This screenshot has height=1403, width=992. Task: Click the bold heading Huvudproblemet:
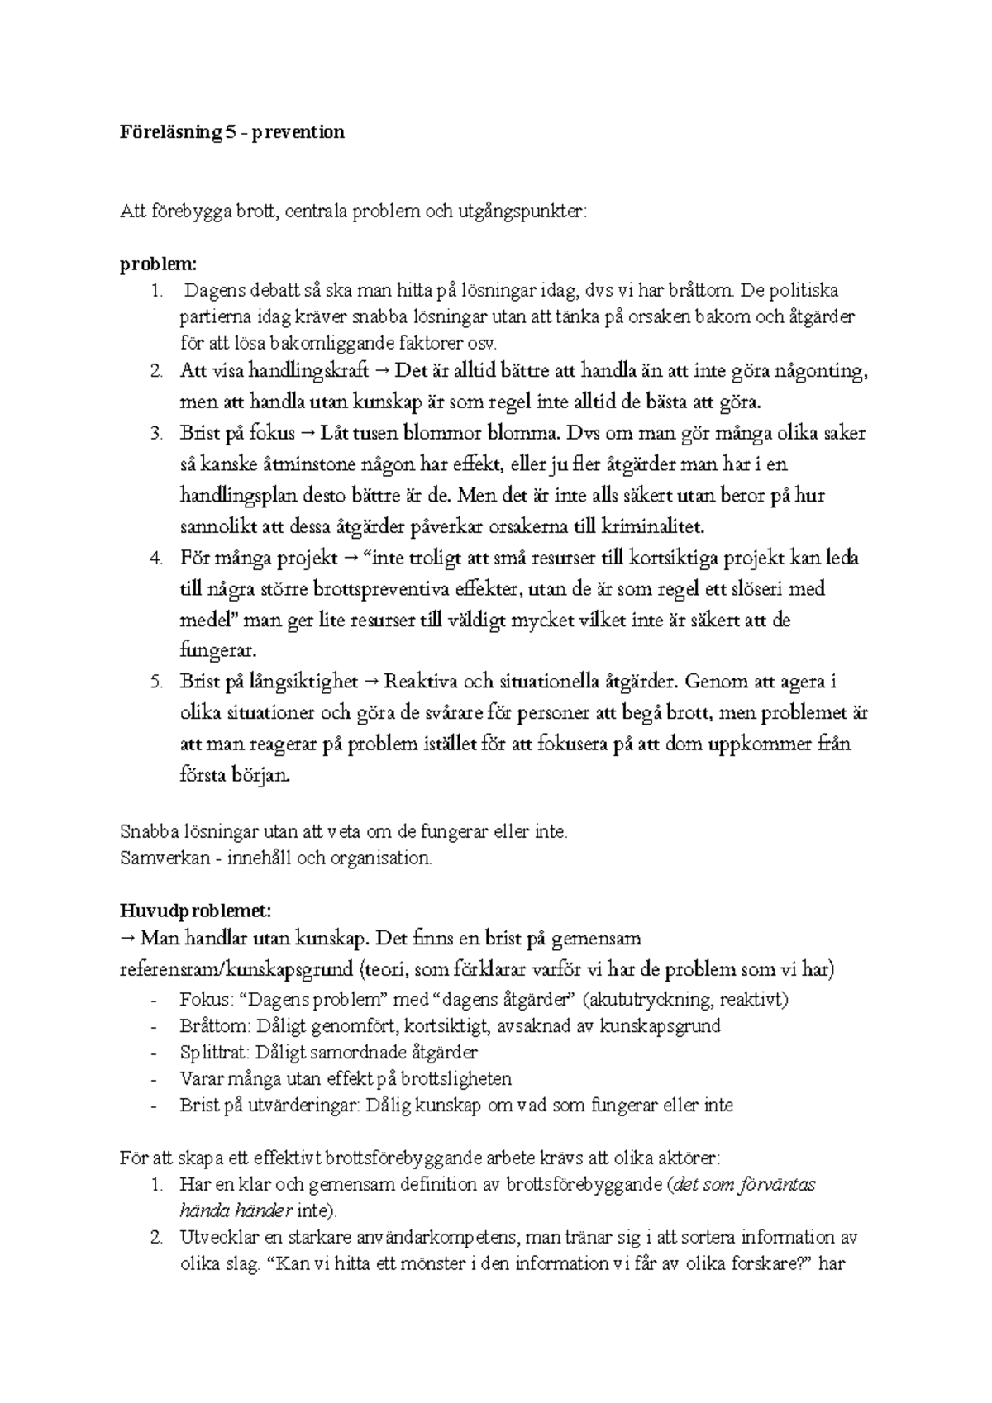195,911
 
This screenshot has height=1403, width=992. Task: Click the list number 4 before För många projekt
155,559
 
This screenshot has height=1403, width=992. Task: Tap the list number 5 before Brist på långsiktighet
155,682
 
